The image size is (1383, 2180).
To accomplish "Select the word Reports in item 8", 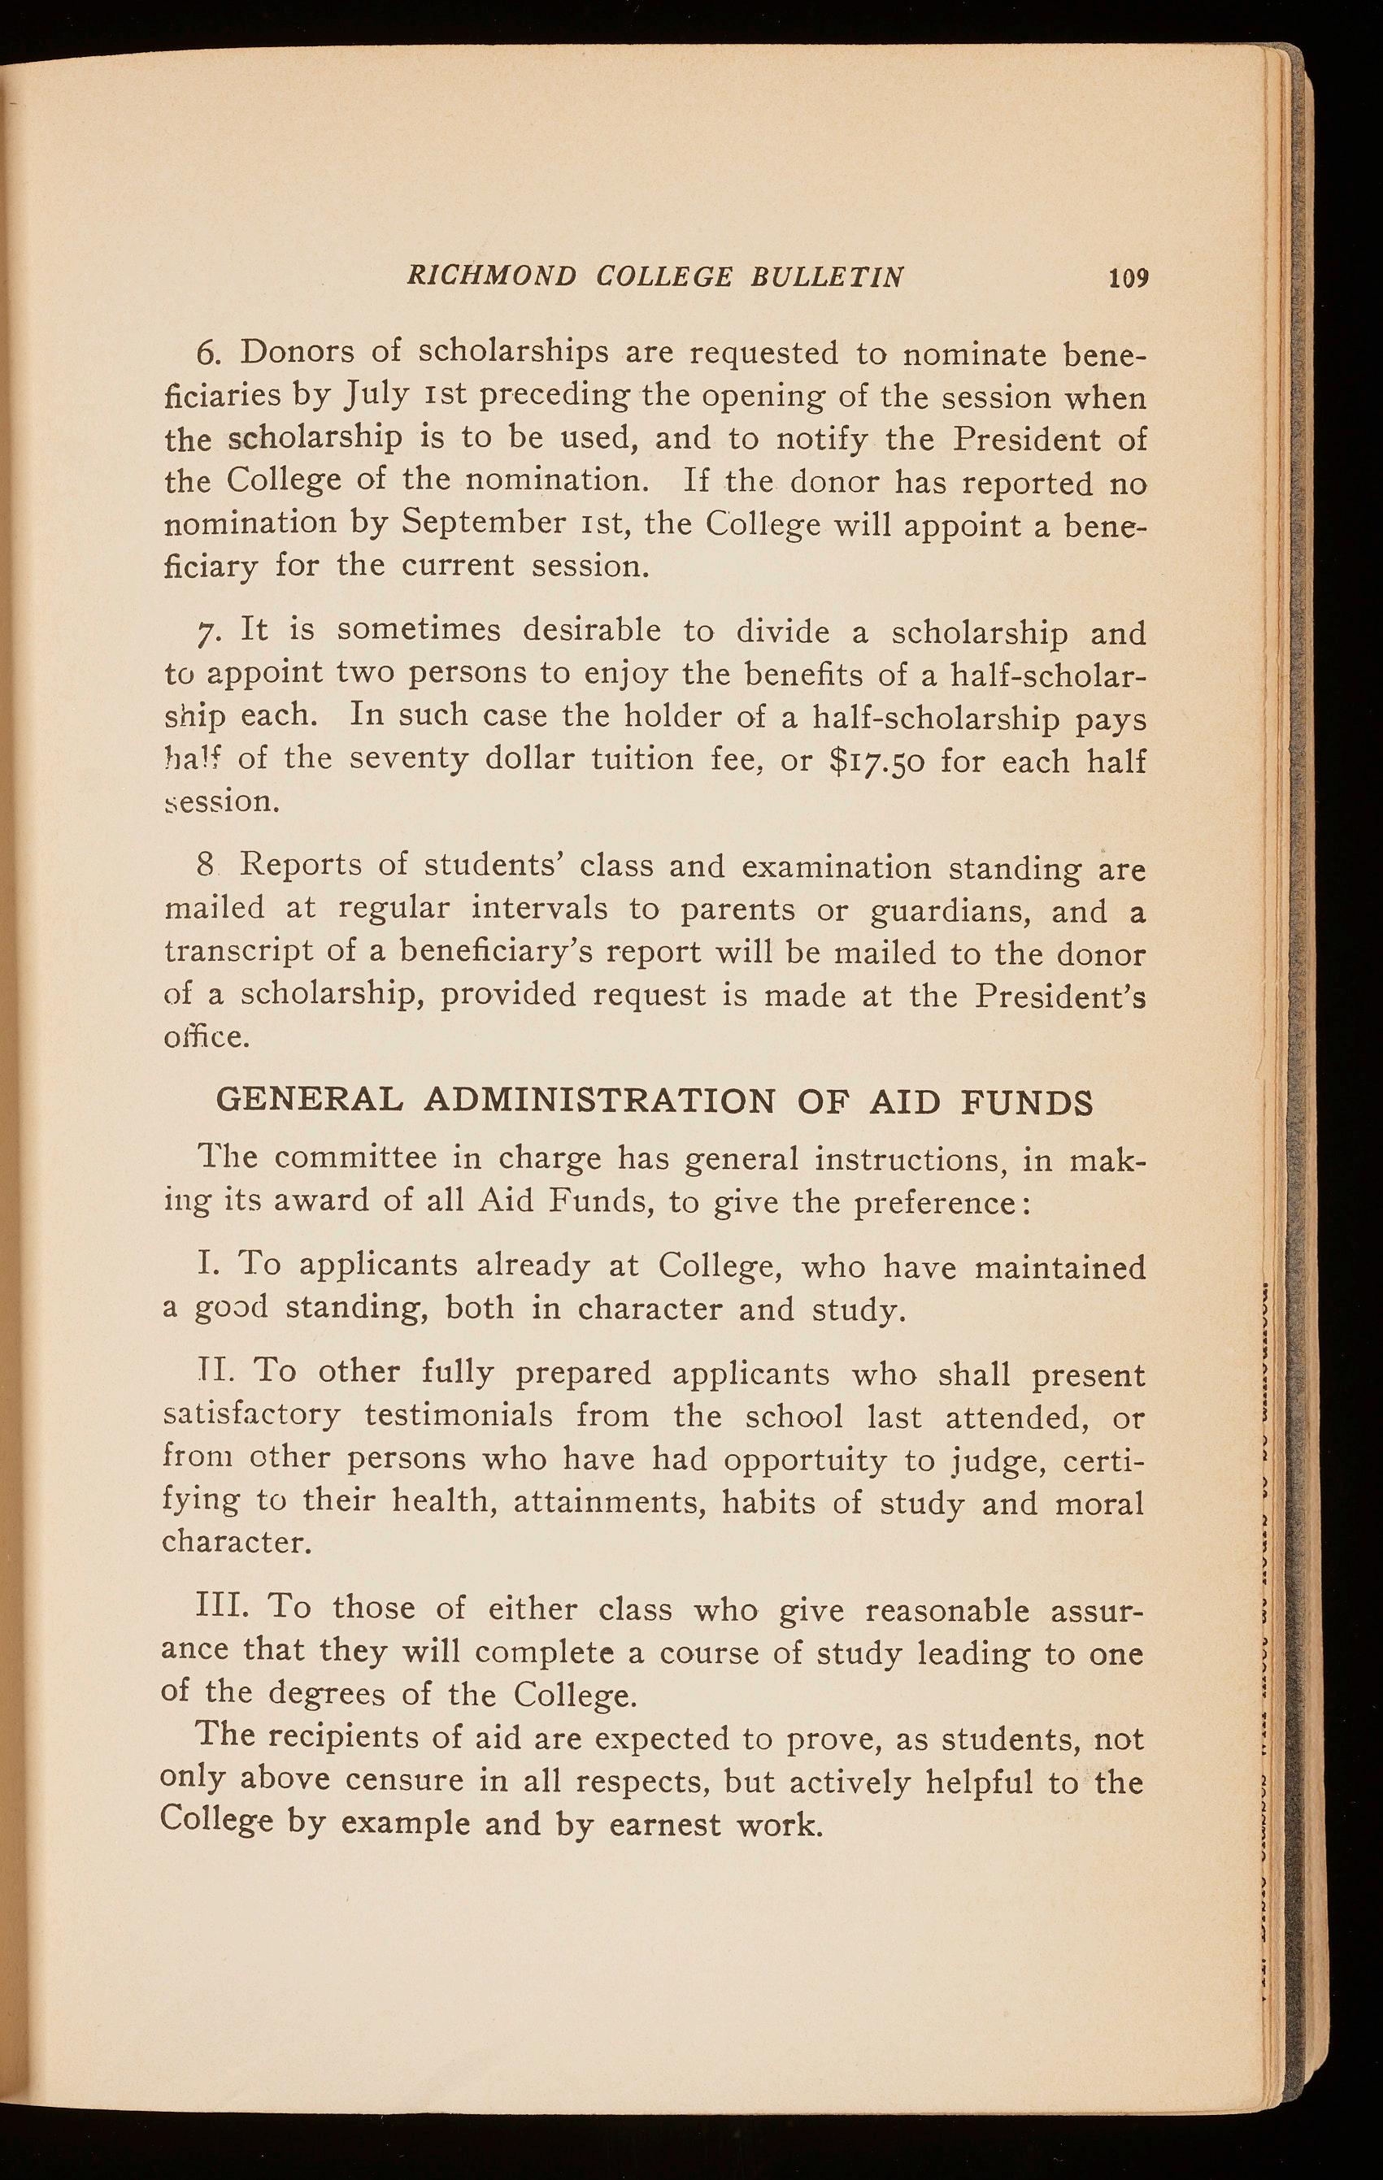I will (x=299, y=866).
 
